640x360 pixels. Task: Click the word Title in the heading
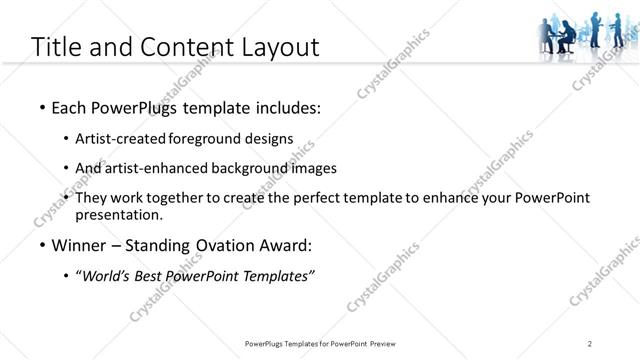click(56, 46)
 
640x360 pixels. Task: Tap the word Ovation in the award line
click(223, 245)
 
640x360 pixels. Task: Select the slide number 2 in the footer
click(590, 344)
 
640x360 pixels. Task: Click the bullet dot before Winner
click(41, 245)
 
